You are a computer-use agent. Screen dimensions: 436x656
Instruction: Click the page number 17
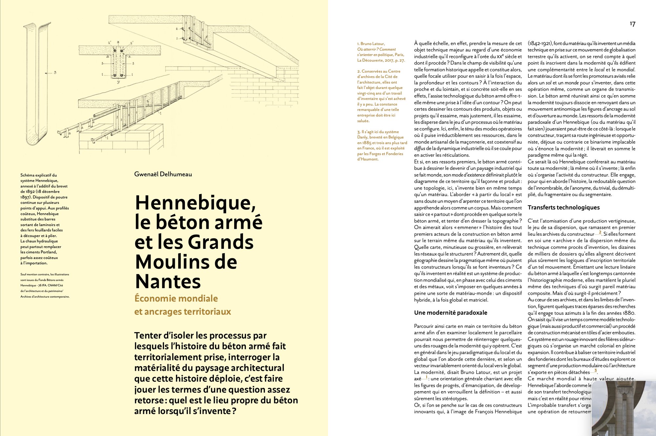click(632, 24)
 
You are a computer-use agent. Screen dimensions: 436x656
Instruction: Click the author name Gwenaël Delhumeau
click(163, 174)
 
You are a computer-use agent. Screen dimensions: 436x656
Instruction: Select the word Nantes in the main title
click(168, 282)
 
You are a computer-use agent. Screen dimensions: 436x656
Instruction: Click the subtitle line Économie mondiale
click(176, 298)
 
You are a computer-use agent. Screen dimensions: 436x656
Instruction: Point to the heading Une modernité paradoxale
click(450, 313)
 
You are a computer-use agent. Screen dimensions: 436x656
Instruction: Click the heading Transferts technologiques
click(564, 208)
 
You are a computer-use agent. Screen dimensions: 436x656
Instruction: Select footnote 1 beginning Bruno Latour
click(381, 52)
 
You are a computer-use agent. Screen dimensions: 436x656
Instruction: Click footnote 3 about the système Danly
click(382, 145)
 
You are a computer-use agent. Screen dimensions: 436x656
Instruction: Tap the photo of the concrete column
click(623, 408)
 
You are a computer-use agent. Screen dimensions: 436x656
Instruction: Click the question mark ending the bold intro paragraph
click(234, 411)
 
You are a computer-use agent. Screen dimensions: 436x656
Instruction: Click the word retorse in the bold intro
click(149, 400)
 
